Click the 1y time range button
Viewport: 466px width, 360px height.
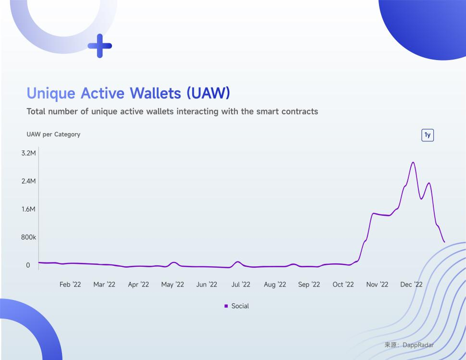428,135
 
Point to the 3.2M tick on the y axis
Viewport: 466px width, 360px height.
28,153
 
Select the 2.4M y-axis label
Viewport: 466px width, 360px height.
28,181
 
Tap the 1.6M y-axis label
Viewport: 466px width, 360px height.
28,209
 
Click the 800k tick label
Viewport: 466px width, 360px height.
28,237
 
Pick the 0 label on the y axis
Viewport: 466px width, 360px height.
28,265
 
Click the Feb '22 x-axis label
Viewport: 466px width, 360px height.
70,285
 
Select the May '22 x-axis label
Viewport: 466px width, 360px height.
172,285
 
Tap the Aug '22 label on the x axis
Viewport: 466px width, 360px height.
275,285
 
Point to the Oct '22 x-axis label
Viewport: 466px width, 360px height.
343,285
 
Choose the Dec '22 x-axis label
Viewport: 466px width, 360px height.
411,285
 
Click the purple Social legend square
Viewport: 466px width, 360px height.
226,306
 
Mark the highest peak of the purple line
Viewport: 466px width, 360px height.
413,162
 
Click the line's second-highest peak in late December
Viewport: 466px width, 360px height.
429,183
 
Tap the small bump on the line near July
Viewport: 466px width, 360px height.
237,262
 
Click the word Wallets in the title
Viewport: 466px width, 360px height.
156,93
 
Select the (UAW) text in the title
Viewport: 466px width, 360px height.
208,93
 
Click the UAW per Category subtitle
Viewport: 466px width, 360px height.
53,135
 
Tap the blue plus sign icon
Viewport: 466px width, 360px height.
100,46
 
